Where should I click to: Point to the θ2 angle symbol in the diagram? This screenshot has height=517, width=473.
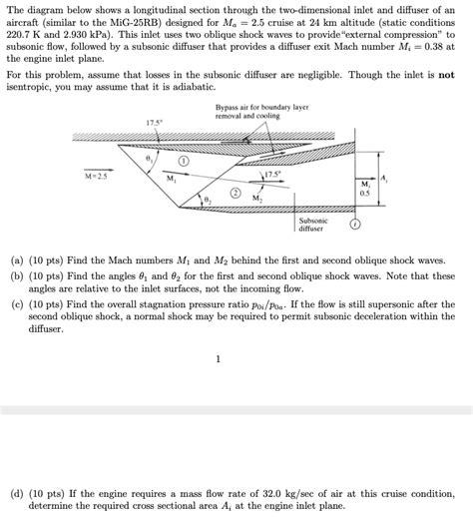[x=207, y=202]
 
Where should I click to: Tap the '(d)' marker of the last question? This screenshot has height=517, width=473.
[x=16, y=493]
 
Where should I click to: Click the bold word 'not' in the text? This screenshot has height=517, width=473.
[x=448, y=74]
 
